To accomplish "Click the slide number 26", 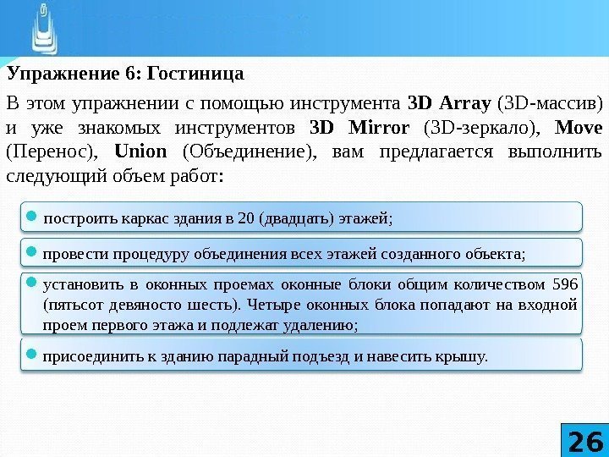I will tap(584, 440).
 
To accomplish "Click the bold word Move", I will tap(580, 129).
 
